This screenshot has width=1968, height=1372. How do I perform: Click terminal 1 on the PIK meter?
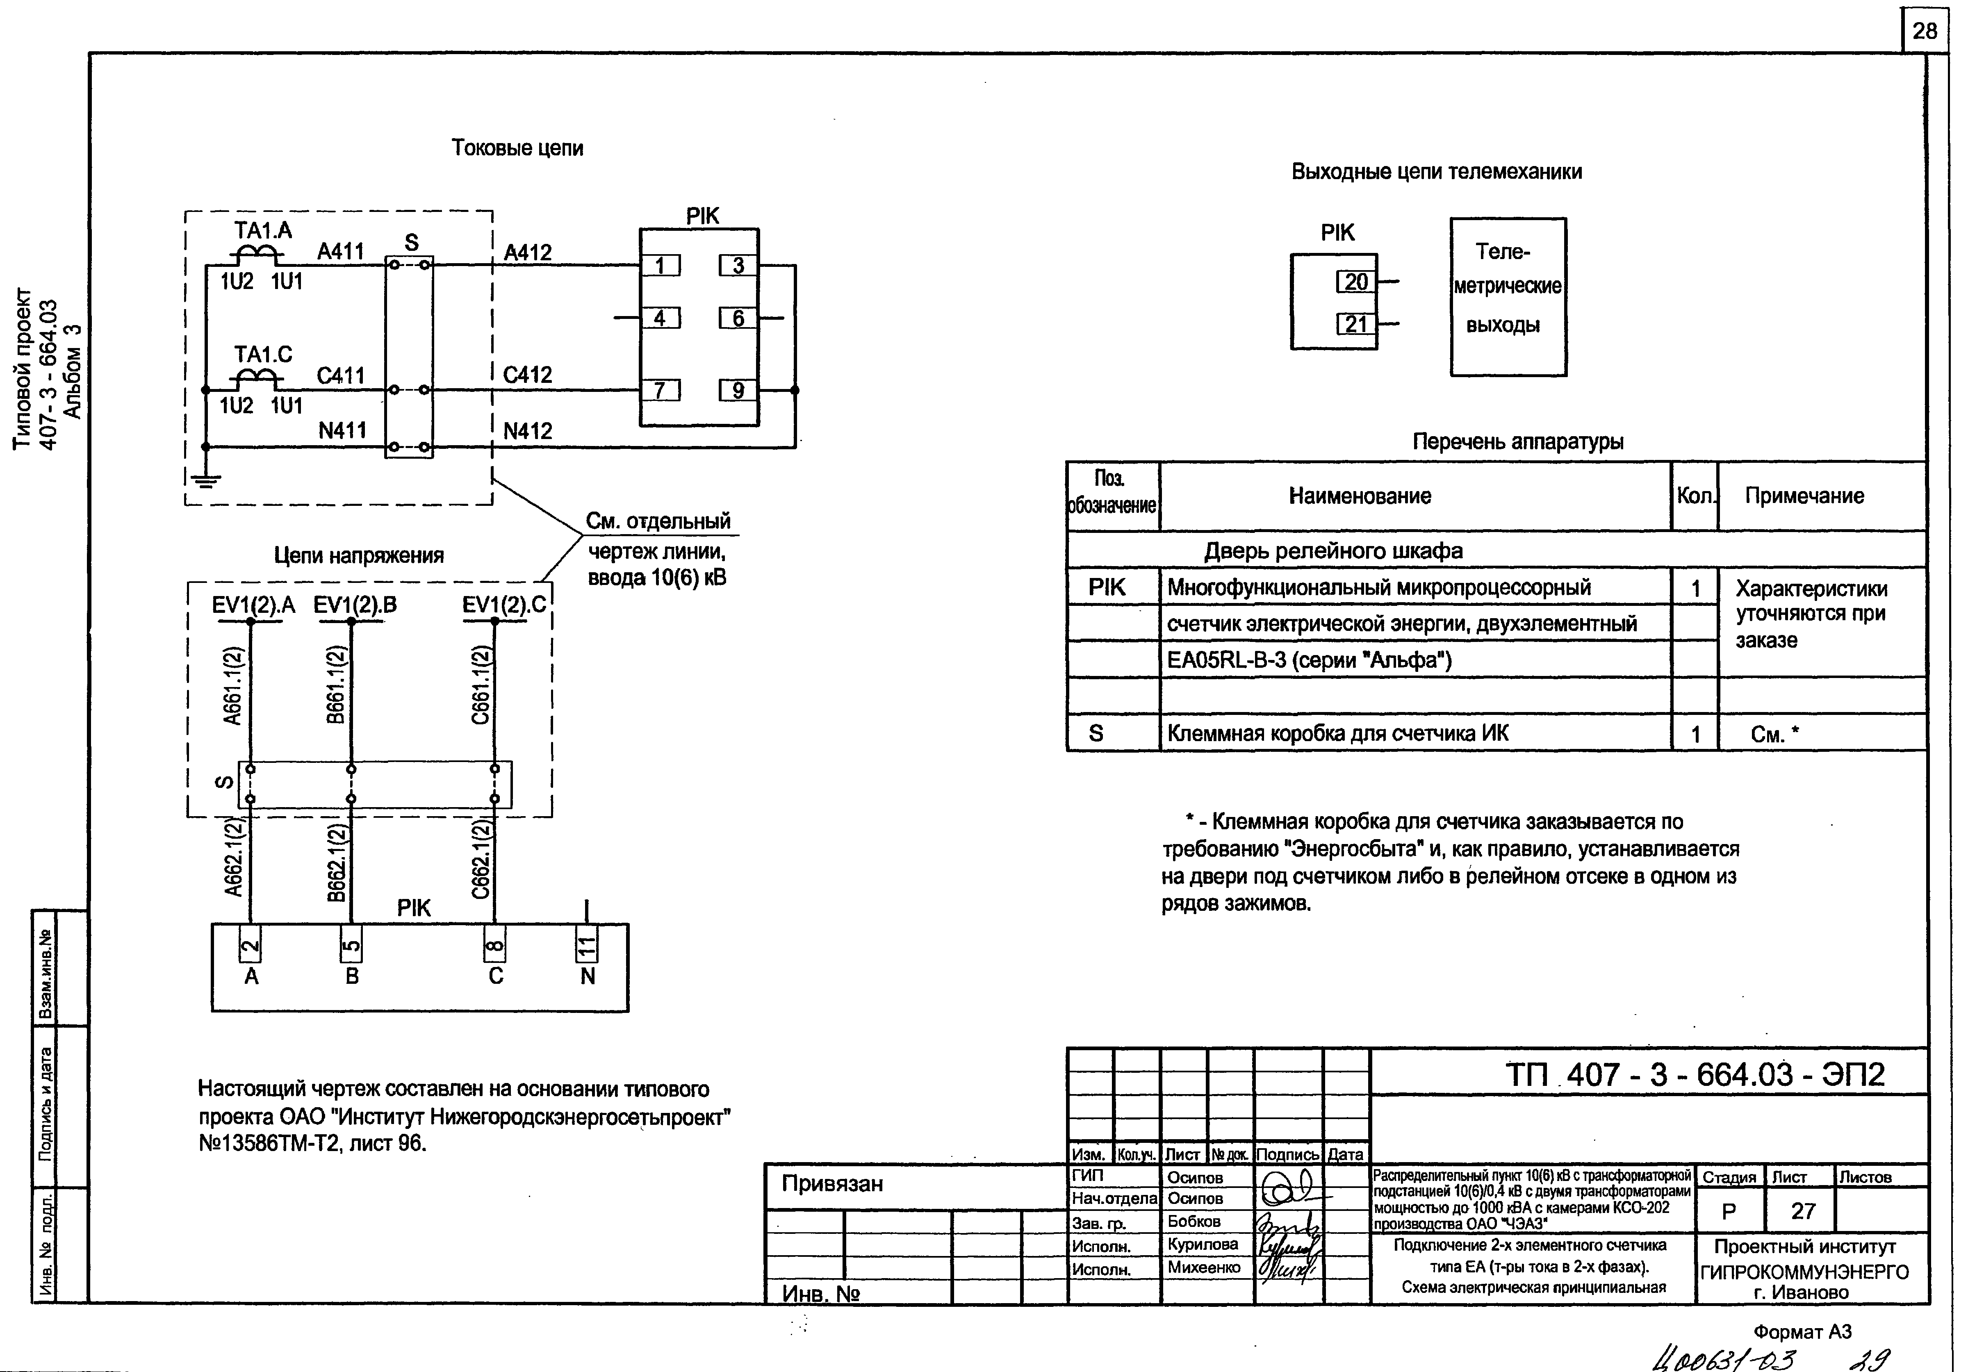pos(660,266)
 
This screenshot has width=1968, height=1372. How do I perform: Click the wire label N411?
pos(342,430)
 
